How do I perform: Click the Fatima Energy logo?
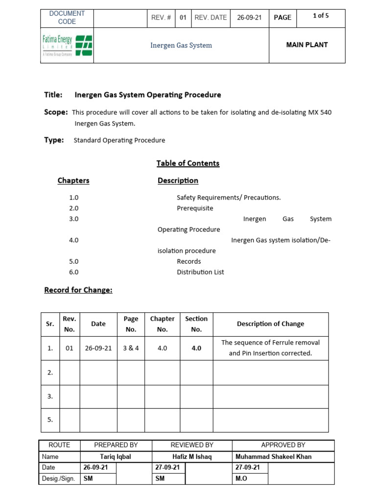click(67, 46)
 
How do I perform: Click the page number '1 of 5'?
click(321, 16)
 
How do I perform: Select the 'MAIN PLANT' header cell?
click(307, 45)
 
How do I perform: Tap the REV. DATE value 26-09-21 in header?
click(249, 17)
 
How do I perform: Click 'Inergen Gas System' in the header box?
click(181, 45)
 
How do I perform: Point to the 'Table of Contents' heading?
click(188, 163)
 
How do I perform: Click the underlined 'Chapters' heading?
click(73, 180)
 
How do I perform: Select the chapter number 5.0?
click(74, 261)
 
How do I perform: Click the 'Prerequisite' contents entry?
click(195, 208)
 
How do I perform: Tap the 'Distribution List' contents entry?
click(200, 272)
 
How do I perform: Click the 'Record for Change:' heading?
click(78, 290)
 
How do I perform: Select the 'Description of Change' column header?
click(270, 324)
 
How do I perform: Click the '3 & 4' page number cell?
click(131, 348)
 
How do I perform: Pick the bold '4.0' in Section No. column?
click(196, 348)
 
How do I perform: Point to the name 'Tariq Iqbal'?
click(116, 456)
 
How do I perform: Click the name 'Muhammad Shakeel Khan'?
click(273, 456)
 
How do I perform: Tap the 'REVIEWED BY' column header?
click(191, 445)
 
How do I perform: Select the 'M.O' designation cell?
click(241, 478)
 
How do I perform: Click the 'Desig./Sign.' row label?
click(58, 478)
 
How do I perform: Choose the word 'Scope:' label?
click(56, 112)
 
